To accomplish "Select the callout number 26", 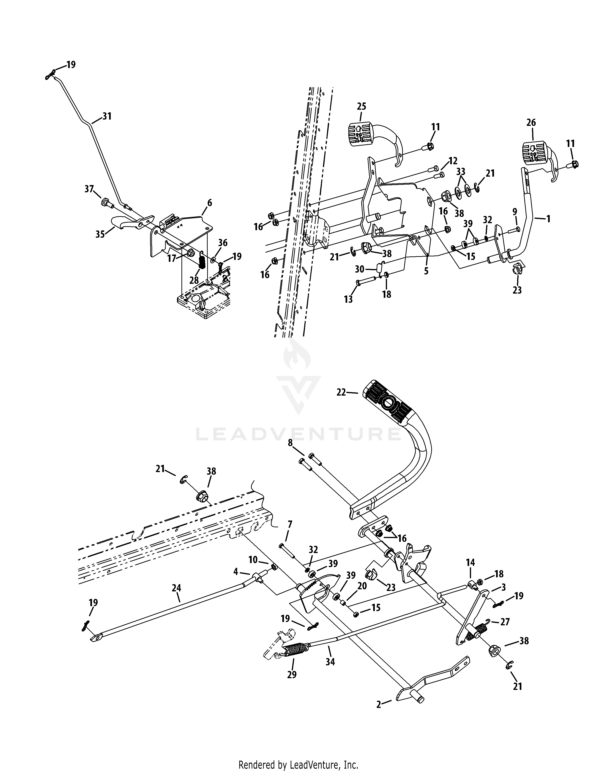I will click(531, 122).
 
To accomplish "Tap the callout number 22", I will click(341, 392).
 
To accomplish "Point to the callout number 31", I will click(107, 116).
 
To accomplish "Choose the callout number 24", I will click(176, 588).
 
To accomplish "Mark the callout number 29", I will click(292, 674).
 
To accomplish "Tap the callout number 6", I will click(209, 203).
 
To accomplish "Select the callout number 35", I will click(100, 234).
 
